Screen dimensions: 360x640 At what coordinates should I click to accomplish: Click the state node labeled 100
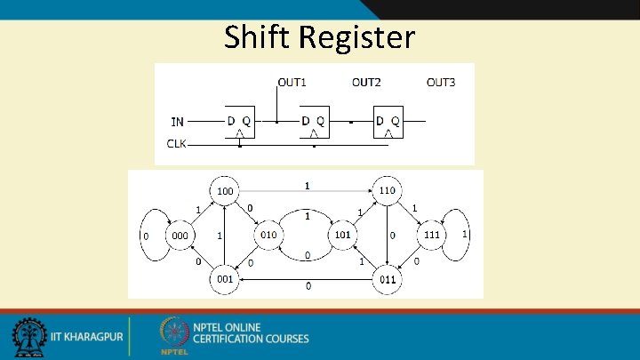pos(226,190)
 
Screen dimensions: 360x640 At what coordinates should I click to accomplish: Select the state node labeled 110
pos(388,190)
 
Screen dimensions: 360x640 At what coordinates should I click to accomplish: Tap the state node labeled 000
pos(180,236)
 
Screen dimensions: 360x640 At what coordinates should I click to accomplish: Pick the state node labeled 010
pos(268,235)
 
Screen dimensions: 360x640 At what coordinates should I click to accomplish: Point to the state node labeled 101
pos(343,235)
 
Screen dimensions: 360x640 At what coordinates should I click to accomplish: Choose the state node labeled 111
pos(431,235)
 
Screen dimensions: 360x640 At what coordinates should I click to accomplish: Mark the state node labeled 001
pos(226,279)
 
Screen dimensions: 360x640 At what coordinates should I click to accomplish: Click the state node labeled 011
pos(388,279)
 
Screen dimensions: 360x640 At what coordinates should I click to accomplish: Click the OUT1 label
pos(292,83)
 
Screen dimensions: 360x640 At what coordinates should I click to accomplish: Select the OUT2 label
pos(366,83)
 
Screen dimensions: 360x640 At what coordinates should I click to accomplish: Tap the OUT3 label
pos(441,83)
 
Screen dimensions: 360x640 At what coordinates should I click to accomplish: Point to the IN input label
pos(178,121)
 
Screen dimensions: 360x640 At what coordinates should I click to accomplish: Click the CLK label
pos(177,143)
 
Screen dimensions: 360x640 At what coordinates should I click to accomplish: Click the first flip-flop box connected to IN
pos(239,123)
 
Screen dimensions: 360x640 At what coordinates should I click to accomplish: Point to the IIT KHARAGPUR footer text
pos(86,338)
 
